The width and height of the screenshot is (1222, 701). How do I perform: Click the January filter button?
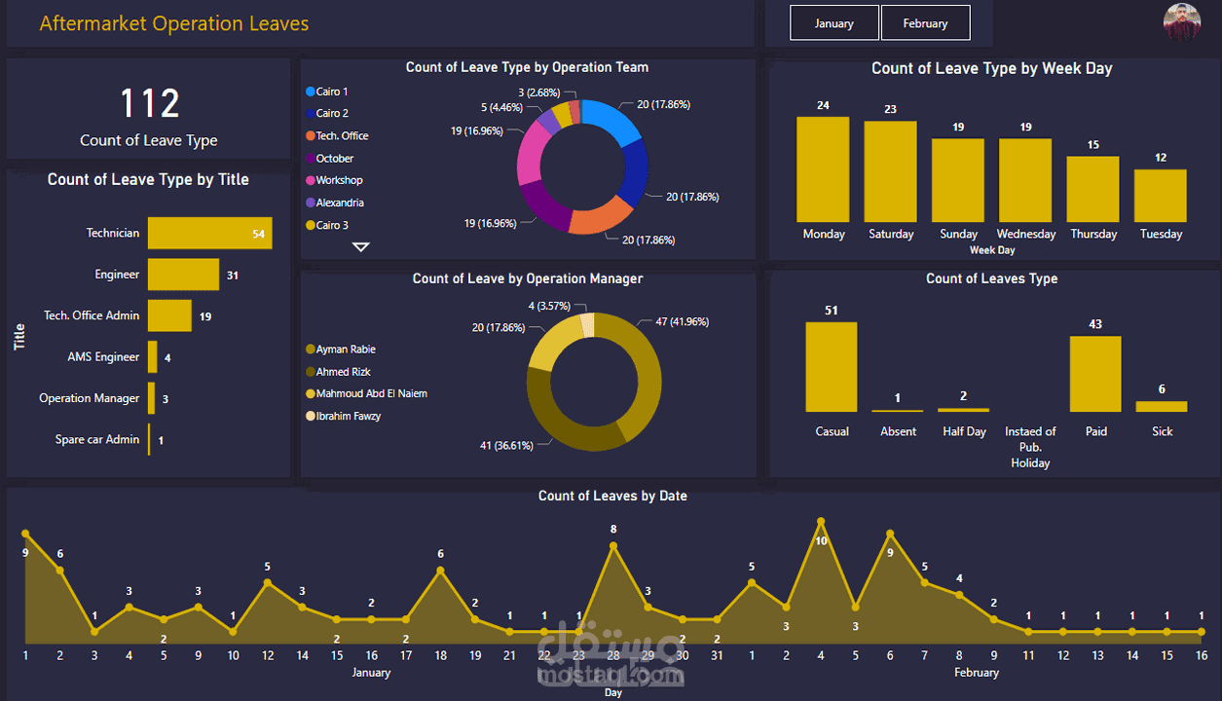tap(833, 23)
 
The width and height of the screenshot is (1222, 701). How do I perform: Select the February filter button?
tap(925, 23)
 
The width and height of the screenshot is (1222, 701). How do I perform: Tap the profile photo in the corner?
tap(1182, 21)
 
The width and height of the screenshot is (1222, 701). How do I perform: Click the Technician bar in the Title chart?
tap(210, 233)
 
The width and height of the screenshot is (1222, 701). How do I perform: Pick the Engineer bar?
tap(183, 275)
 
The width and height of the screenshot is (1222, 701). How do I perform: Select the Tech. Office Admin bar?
tap(169, 315)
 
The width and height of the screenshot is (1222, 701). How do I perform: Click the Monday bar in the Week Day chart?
tap(823, 169)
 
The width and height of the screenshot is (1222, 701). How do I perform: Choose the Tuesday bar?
tap(1161, 196)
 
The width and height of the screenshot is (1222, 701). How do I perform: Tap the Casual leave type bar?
tap(832, 367)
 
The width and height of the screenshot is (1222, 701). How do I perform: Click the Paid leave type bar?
tap(1095, 374)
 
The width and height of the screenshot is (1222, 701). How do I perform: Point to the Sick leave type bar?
tap(1162, 406)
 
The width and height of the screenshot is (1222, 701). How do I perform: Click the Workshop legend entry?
tap(334, 180)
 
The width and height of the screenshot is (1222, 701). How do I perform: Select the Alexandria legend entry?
tap(335, 203)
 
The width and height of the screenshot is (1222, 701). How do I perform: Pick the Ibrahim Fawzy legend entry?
tap(343, 416)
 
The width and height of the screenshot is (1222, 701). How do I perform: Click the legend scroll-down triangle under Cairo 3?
tap(360, 247)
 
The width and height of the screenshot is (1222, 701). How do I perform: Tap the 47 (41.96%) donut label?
tap(682, 322)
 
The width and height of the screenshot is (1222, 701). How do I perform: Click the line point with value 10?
tap(821, 522)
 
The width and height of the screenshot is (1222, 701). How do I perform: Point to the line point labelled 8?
tap(613, 545)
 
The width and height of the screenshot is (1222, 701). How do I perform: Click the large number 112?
tap(150, 103)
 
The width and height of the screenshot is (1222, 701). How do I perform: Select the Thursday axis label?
tap(1093, 234)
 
